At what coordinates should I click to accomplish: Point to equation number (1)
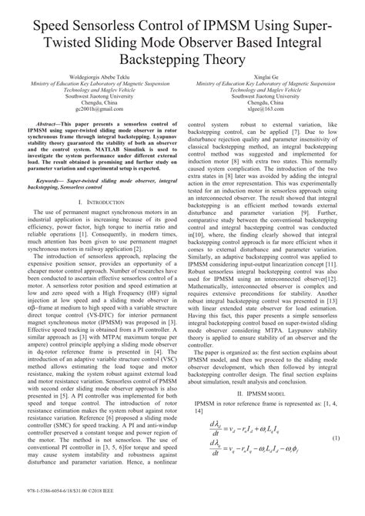pos(336,460)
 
